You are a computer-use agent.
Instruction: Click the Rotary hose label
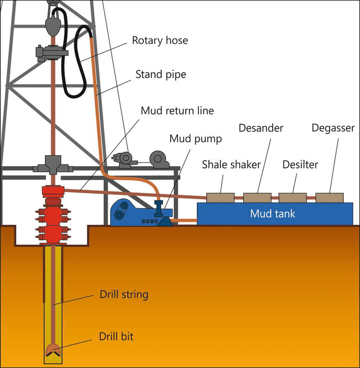pyautogui.click(x=160, y=40)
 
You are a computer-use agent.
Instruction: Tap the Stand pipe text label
pyautogui.click(x=161, y=74)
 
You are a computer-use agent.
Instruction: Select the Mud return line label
pyautogui.click(x=177, y=111)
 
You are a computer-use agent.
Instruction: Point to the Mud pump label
pyautogui.click(x=196, y=139)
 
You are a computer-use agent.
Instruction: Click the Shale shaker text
pyautogui.click(x=231, y=165)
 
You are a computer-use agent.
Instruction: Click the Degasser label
pyautogui.click(x=333, y=128)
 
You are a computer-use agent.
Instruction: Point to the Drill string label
pyautogui.click(x=124, y=294)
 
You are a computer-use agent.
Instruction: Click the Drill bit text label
pyautogui.click(x=116, y=336)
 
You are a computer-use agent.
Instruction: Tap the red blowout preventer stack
pyautogui.click(x=53, y=214)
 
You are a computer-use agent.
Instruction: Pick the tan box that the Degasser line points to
pyautogui.click(x=329, y=198)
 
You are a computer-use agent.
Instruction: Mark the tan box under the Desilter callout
pyautogui.click(x=292, y=198)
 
